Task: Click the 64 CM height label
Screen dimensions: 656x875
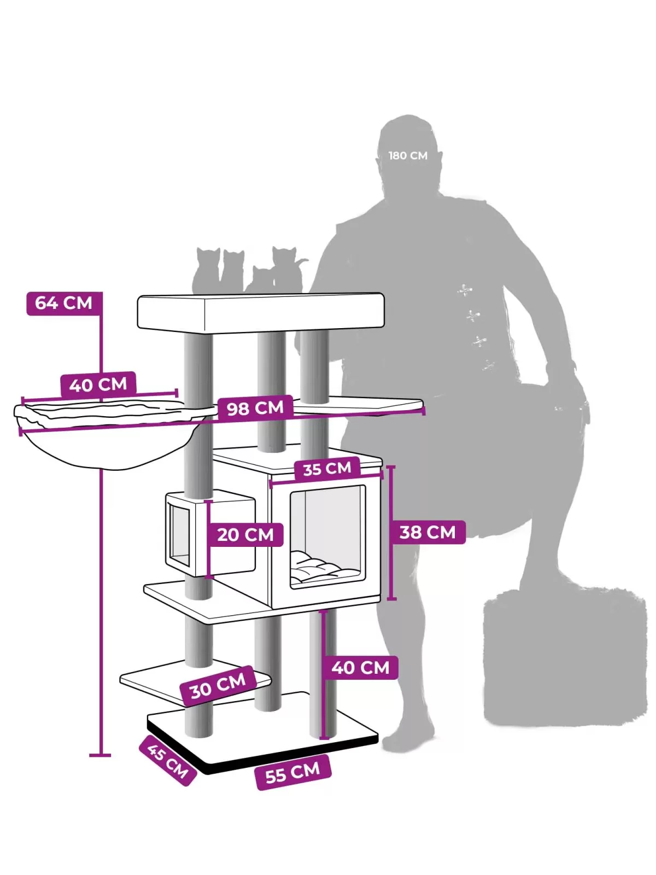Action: (x=65, y=304)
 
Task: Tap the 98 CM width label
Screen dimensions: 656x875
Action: (x=255, y=408)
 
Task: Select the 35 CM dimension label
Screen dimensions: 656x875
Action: (x=327, y=469)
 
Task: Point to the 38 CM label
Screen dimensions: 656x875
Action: (x=427, y=532)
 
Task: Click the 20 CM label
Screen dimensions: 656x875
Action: (x=245, y=534)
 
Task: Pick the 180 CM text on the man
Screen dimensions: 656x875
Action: (x=408, y=155)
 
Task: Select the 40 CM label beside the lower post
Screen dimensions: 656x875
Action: (x=360, y=667)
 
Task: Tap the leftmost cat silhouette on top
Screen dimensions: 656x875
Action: (x=206, y=271)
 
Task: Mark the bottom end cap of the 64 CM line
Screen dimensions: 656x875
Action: (x=100, y=755)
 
